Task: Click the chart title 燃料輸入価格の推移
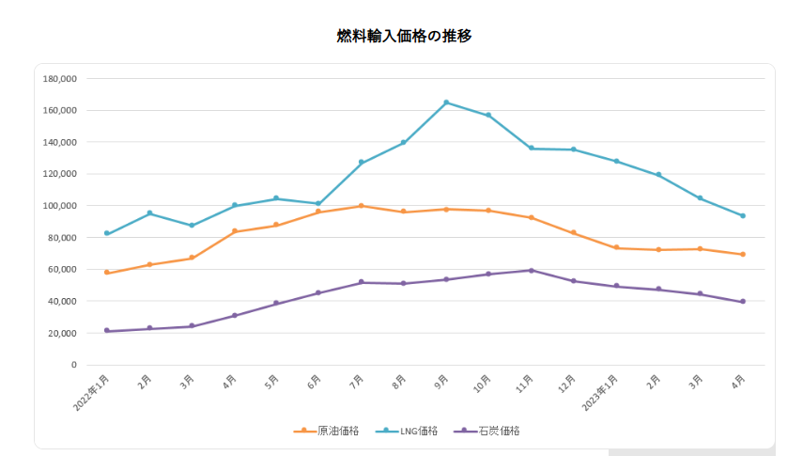coord(404,37)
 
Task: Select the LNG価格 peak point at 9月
coord(446,102)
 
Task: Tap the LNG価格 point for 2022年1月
coord(107,233)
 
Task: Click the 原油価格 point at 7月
coord(362,206)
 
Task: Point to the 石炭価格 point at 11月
coord(532,270)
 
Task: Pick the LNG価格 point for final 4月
coord(743,215)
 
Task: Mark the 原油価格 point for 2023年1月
coord(616,247)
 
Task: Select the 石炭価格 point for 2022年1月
coord(107,330)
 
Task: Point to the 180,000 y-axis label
coord(59,79)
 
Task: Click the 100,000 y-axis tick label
coord(59,206)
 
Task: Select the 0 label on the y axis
coord(73,365)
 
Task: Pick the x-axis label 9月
coord(442,382)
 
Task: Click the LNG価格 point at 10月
coord(488,116)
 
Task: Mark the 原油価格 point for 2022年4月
coord(234,231)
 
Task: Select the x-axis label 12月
coord(568,384)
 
